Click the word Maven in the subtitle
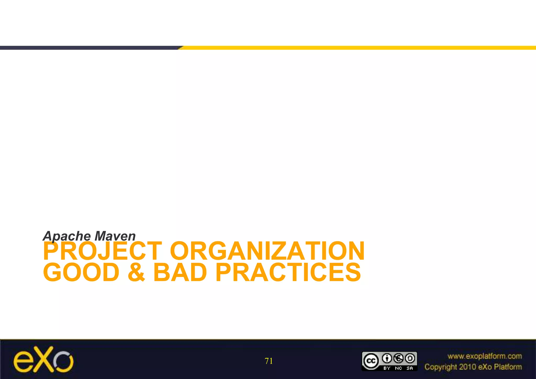115,236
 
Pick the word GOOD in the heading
81,272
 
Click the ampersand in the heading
136,272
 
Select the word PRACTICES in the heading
288,272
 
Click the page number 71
269,361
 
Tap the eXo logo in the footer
43,360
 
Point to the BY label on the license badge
387,368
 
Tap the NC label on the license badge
398,368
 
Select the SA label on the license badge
410,368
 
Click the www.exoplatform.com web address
484,356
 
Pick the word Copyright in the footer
440,367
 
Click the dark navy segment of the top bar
89,48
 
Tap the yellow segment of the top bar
359,48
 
